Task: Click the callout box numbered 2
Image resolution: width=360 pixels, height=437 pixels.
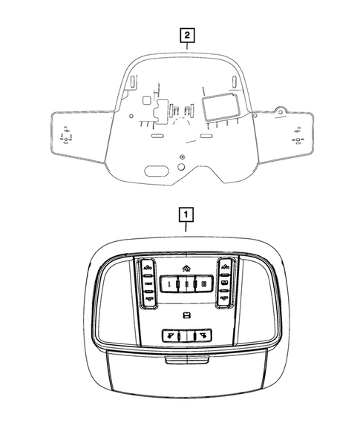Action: point(186,35)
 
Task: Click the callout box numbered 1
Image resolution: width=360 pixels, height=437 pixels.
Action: point(186,215)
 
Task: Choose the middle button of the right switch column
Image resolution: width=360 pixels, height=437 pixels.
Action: point(224,283)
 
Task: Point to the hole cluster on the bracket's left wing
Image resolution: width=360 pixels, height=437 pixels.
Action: point(67,138)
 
